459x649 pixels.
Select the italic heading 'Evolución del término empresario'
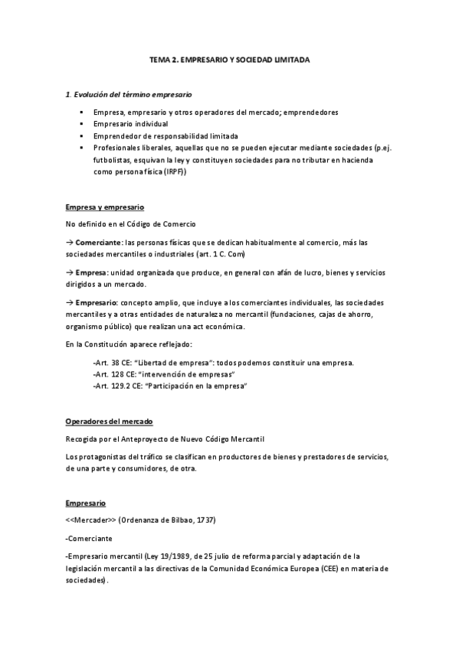click(x=131, y=94)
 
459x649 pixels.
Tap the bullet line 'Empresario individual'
click(x=131, y=123)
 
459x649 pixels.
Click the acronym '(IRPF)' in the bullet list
click(x=173, y=172)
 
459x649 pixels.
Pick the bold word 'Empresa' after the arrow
click(x=91, y=274)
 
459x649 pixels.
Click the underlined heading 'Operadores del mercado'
click(x=109, y=422)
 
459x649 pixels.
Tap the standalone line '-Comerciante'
click(x=89, y=538)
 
